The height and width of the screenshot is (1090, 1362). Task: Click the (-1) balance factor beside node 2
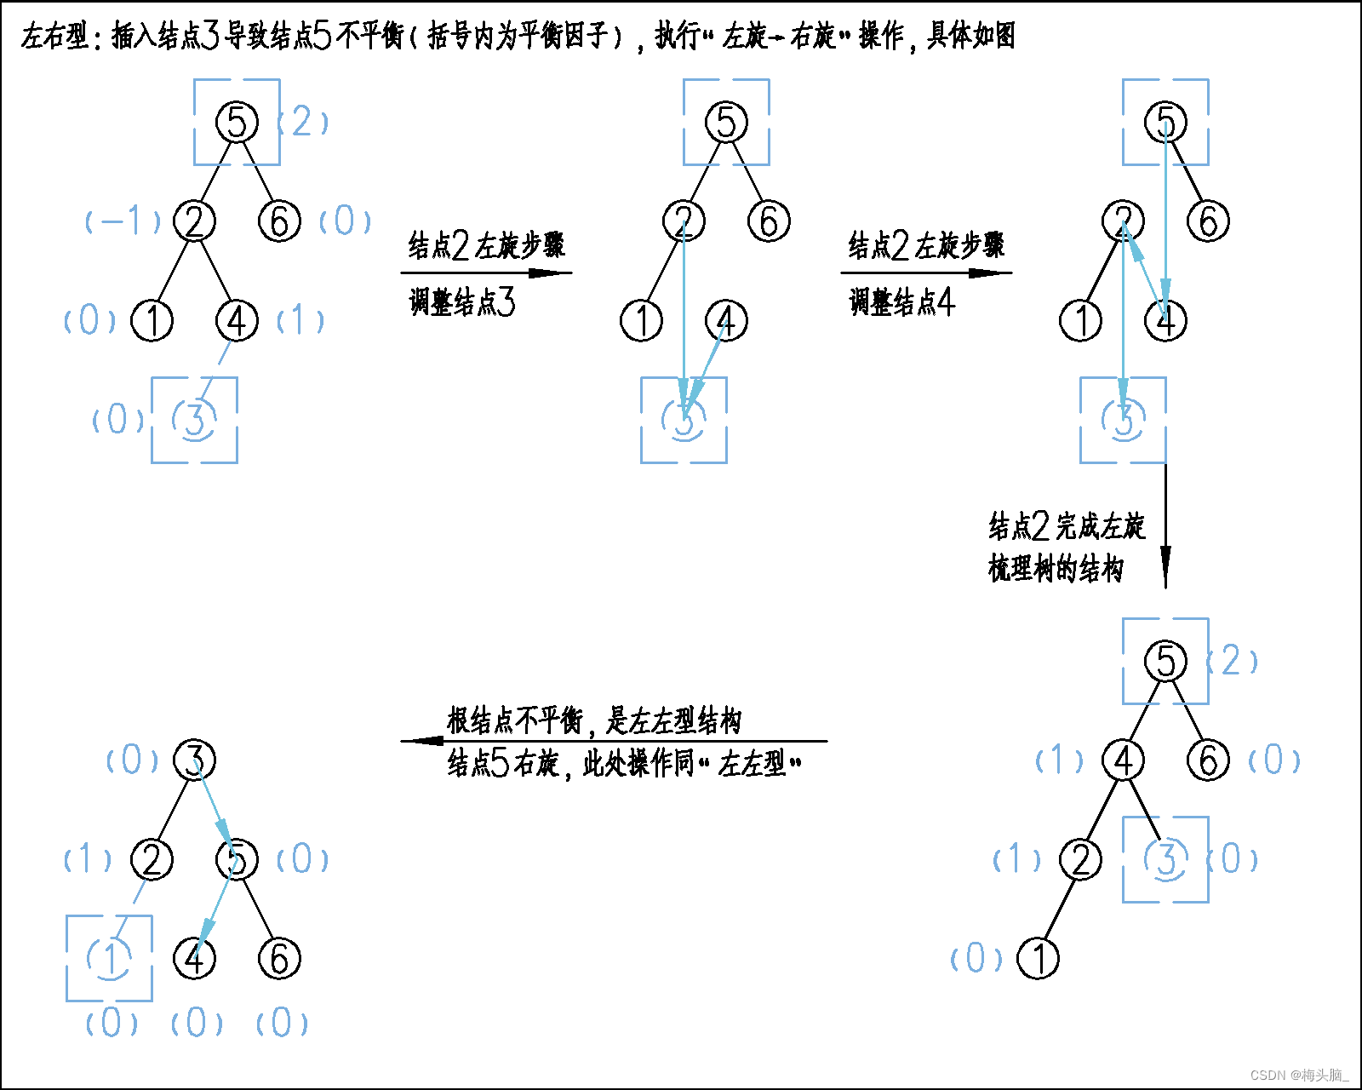pos(123,221)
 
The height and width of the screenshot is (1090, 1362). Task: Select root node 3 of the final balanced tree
pos(195,760)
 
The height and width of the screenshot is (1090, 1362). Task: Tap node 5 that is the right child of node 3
pos(237,858)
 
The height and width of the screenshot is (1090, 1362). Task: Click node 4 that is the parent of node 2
pos(1123,760)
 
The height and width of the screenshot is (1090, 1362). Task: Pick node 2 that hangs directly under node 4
pos(1080,858)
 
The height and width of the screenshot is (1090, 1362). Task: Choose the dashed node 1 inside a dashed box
pos(110,958)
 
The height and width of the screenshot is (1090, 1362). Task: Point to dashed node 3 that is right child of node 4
pos(1165,858)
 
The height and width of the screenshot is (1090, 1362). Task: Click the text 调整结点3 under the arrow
pos(462,302)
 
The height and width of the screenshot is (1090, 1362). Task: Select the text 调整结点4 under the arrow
pos(901,302)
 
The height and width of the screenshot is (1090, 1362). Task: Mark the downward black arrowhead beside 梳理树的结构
pos(1165,566)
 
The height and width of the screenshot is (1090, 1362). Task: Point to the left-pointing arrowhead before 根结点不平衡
pos(422,741)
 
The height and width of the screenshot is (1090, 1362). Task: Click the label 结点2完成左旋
pos(1067,527)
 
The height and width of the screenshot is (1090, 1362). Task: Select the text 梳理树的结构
pos(1056,568)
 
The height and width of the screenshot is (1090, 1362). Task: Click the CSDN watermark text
pos(1299,1075)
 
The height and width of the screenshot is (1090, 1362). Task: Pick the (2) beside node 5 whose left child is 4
pos(1232,661)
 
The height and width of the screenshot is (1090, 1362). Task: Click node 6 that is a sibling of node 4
pos(1208,760)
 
